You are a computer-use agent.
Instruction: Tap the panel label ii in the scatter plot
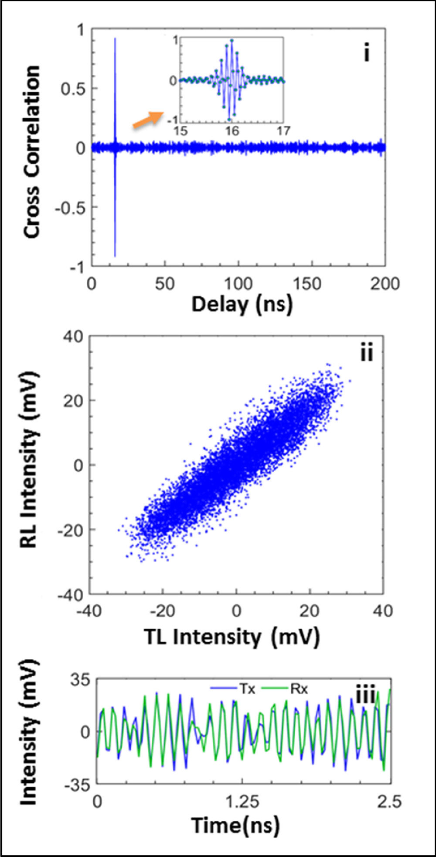pos(367,352)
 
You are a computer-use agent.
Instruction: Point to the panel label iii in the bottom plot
pos(365,695)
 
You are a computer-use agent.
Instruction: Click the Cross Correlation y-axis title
pos(32,152)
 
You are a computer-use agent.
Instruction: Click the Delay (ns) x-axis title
pos(242,304)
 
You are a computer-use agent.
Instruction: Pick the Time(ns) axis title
pos(235,825)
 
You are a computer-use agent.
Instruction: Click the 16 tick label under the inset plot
pos(232,131)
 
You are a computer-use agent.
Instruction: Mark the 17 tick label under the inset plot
pos(283,131)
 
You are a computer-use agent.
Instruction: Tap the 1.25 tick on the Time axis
pos(242,802)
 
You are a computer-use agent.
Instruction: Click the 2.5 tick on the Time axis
pos(389,802)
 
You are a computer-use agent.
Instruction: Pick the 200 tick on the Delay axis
pos(385,284)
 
